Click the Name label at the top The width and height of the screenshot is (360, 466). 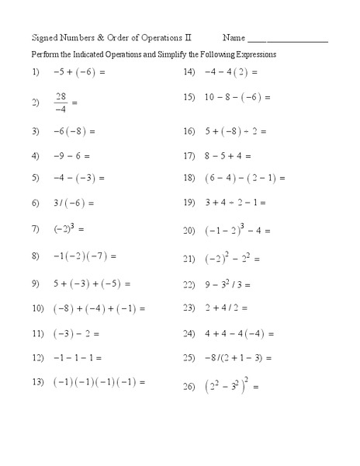pyautogui.click(x=234, y=37)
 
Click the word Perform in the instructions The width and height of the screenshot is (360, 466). pyautogui.click(x=43, y=55)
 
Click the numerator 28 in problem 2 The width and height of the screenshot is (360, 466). pyautogui.click(x=61, y=96)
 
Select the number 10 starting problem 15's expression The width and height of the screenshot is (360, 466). pyautogui.click(x=209, y=98)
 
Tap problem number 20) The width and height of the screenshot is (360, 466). pyautogui.click(x=189, y=231)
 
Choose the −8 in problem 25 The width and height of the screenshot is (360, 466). pyautogui.click(x=209, y=358)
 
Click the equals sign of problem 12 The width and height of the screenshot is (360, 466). pyautogui.click(x=98, y=358)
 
